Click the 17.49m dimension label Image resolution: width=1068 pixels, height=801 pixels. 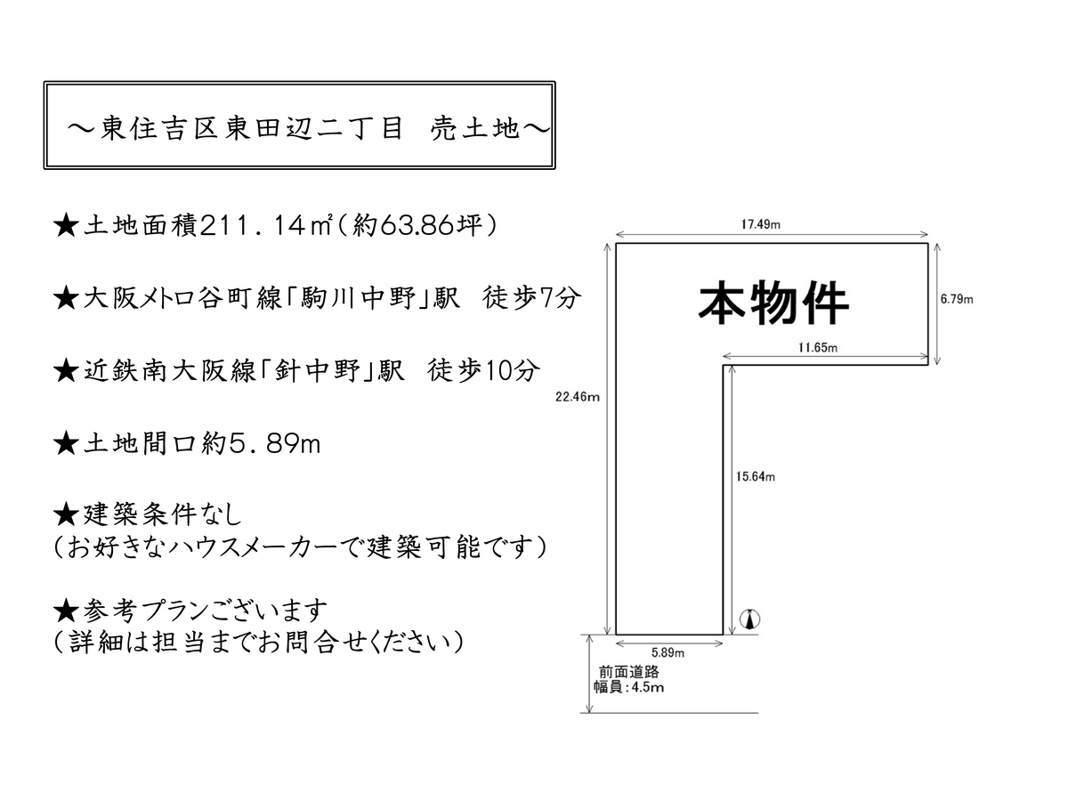point(760,224)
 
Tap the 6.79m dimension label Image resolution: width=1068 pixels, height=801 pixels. point(956,299)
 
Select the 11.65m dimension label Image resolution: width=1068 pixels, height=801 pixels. point(817,347)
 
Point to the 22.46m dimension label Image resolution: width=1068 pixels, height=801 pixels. point(577,397)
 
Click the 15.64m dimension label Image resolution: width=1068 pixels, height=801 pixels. point(755,477)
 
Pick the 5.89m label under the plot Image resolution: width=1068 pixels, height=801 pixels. point(667,652)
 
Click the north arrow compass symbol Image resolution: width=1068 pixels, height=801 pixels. point(749,619)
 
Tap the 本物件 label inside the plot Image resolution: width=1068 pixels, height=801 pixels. point(773,303)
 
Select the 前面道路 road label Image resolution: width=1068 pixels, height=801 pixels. point(628,672)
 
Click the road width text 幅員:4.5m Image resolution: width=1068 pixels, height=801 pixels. point(628,687)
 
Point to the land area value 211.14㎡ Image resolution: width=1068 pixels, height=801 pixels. point(266,225)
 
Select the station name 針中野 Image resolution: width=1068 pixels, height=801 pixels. point(317,370)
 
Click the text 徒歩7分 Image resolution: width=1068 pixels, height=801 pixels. point(531,297)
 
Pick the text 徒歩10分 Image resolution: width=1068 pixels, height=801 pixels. point(483,370)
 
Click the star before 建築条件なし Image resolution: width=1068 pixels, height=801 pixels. point(66,515)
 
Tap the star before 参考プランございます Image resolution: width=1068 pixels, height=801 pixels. point(66,611)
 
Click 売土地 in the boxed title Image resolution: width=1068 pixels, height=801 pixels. point(474,128)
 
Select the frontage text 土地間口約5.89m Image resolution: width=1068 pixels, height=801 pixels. point(201,443)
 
